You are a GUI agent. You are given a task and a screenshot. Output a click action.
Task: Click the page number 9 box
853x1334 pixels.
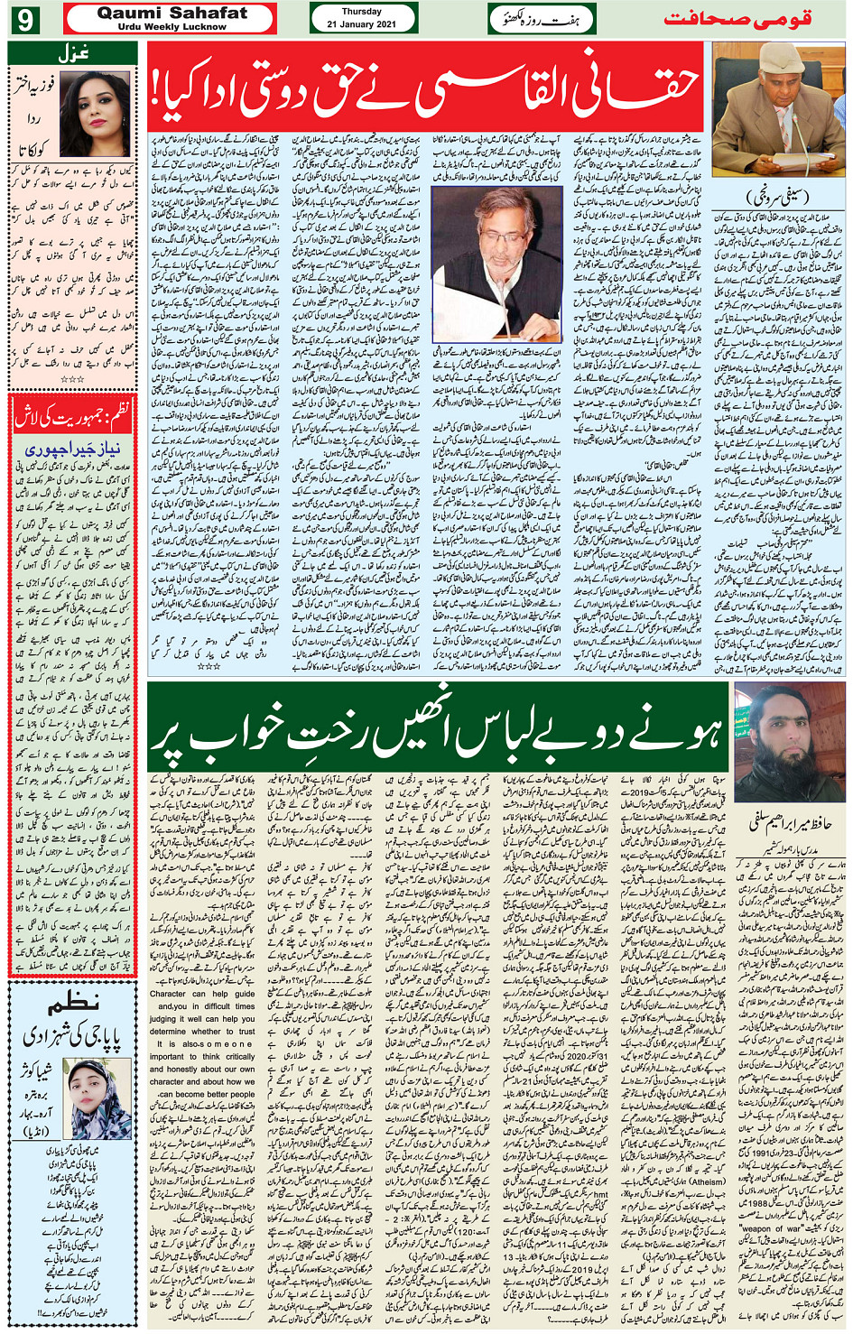coord(24,19)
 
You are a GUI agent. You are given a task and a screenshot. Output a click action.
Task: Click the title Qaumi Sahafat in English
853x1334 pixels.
coord(172,13)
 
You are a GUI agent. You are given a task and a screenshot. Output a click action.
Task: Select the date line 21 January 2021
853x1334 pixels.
coord(362,24)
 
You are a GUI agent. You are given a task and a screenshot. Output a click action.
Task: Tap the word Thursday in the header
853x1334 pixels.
coord(362,12)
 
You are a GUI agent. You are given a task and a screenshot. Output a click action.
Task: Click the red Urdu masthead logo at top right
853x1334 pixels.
coord(737,18)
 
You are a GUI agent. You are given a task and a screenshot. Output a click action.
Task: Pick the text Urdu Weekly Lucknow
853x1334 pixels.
coord(172,27)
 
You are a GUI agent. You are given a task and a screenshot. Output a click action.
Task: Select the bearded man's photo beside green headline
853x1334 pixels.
coord(788,742)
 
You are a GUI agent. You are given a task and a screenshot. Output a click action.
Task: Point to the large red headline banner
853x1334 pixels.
coord(425,87)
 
